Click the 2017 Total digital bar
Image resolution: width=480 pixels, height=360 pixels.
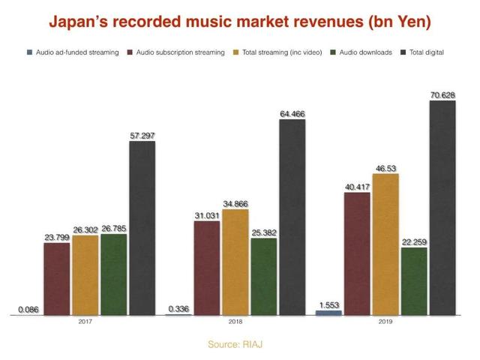pyautogui.click(x=142, y=228)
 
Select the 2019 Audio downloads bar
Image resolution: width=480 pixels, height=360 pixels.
pyautogui.click(x=413, y=281)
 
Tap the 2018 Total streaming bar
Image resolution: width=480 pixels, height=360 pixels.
pyautogui.click(x=235, y=262)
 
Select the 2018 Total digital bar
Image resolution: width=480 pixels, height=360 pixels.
pyautogui.click(x=292, y=217)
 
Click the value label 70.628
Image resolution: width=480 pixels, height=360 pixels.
pyautogui.click(x=442, y=94)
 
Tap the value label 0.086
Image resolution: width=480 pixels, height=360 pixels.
pyautogui.click(x=28, y=309)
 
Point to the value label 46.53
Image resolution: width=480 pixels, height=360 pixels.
pyautogui.click(x=385, y=167)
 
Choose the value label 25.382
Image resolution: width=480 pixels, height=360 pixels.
pyautogui.click(x=263, y=232)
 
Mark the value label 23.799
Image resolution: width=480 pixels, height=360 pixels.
pyautogui.click(x=57, y=237)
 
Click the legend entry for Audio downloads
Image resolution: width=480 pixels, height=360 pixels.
pyautogui.click(x=366, y=52)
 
